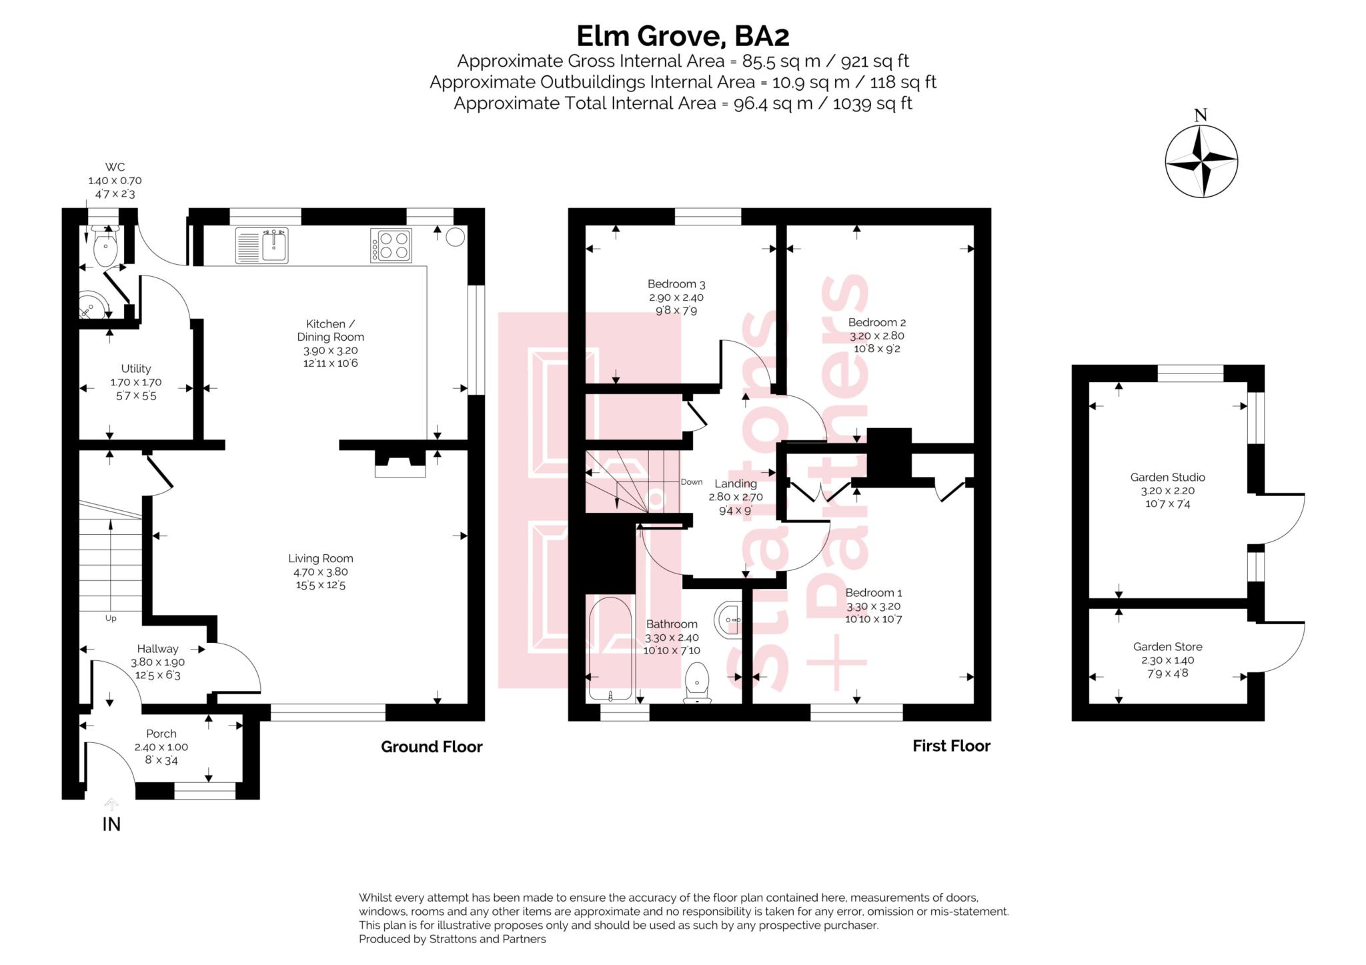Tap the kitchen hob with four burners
(391, 245)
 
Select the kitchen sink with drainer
(261, 245)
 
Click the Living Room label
(321, 559)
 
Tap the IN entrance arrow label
(111, 824)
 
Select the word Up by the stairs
(111, 618)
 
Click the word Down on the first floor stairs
(692, 481)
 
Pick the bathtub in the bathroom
(610, 648)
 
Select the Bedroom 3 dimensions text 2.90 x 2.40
(676, 297)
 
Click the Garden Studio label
(1167, 477)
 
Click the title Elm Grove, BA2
(682, 35)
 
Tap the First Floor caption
(951, 746)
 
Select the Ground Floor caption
(432, 747)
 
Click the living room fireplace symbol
(400, 464)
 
